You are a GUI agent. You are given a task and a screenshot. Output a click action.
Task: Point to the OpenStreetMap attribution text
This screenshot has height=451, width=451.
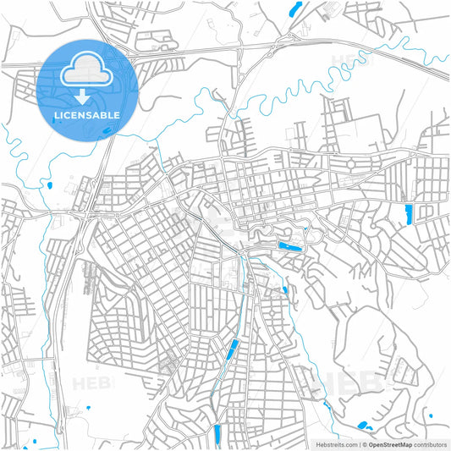[x=388, y=443]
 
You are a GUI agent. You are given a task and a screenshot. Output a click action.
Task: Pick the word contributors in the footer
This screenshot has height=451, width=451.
[x=430, y=443]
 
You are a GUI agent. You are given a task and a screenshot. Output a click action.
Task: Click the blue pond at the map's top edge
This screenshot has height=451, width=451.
[x=294, y=10]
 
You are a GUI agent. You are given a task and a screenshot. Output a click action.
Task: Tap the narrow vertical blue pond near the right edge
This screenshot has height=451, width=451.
[x=408, y=213]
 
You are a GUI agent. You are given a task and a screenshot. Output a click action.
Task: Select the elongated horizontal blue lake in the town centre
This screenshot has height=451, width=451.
[x=289, y=247]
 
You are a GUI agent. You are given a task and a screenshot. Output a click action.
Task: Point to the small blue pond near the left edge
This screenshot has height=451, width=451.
[x=48, y=185]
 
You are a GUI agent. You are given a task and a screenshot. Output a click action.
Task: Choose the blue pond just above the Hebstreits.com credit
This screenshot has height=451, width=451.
[x=364, y=426]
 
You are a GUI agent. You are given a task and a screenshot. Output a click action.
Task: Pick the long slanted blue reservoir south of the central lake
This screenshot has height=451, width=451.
[x=230, y=349]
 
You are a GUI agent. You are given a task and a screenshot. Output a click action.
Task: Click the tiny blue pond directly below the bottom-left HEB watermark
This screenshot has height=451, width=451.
[x=87, y=409]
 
